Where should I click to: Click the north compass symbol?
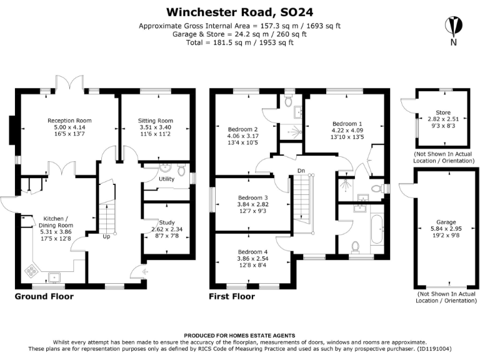pyautogui.click(x=453, y=26)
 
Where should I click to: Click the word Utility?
pyautogui.click(x=166, y=179)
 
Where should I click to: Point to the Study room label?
pyautogui.click(x=166, y=221)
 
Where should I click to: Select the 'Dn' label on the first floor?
pyautogui.click(x=301, y=169)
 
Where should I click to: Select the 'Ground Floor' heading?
pyautogui.click(x=44, y=296)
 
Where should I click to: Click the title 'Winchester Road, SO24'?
pyautogui.click(x=239, y=12)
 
